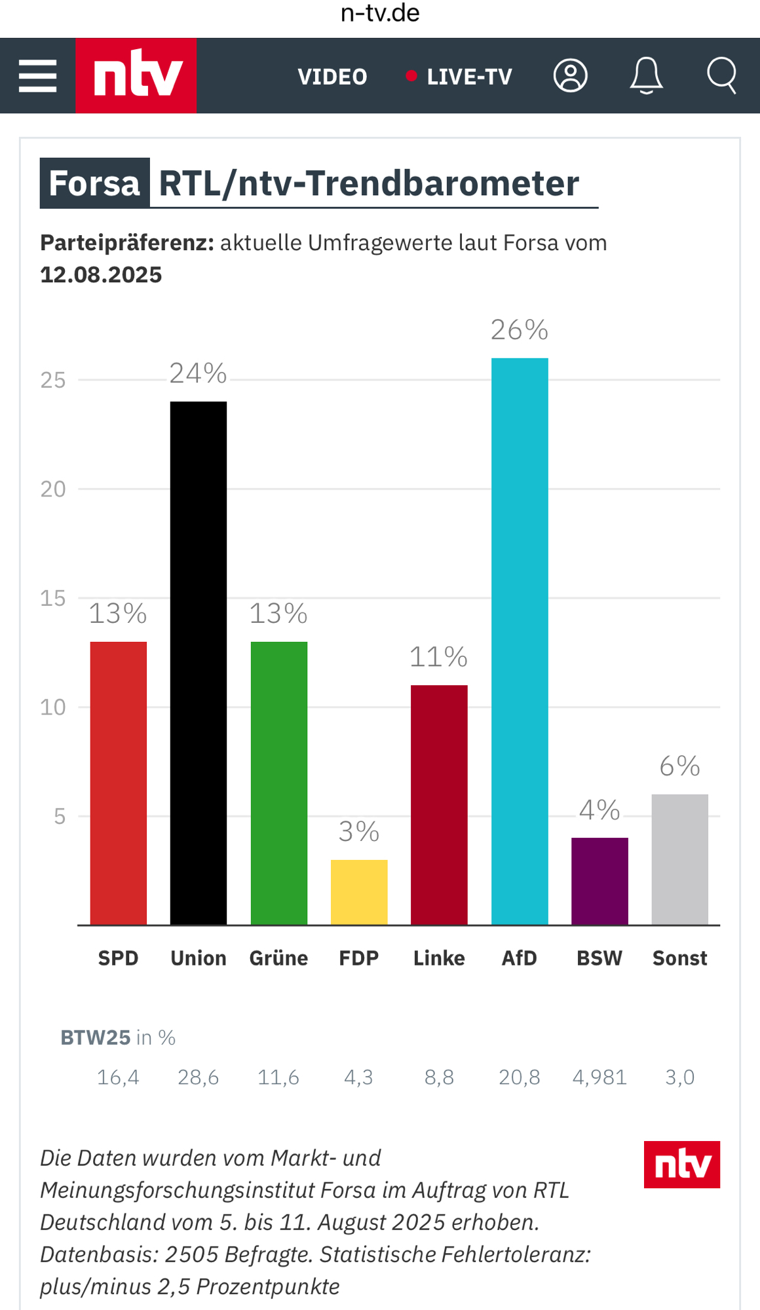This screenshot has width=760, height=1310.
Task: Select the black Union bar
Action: pyautogui.click(x=199, y=662)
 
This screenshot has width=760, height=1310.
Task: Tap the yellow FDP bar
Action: pyautogui.click(x=359, y=891)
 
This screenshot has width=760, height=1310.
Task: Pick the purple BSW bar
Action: pyautogui.click(x=599, y=881)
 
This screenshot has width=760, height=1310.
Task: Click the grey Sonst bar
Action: pyautogui.click(x=679, y=859)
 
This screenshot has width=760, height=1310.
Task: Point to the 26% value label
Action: pyautogui.click(x=520, y=330)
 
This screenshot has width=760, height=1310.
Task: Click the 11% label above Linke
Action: pyautogui.click(x=438, y=657)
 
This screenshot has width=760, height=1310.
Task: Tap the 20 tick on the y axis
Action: pyautogui.click(x=53, y=489)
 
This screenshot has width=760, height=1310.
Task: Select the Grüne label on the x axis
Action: pyautogui.click(x=278, y=958)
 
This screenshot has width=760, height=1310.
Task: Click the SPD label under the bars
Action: pyautogui.click(x=119, y=958)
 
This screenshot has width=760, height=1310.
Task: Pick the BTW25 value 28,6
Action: pyautogui.click(x=199, y=1077)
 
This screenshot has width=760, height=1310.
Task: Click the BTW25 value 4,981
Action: pyautogui.click(x=599, y=1077)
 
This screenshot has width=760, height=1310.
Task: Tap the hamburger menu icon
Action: pyautogui.click(x=37, y=76)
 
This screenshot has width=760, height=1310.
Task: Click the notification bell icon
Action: pyautogui.click(x=646, y=76)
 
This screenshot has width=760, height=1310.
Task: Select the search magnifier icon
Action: pyautogui.click(x=722, y=76)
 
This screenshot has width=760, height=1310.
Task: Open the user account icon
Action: pyautogui.click(x=571, y=76)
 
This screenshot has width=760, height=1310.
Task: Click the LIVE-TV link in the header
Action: pyautogui.click(x=468, y=77)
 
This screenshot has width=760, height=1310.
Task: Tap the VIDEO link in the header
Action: pyautogui.click(x=332, y=77)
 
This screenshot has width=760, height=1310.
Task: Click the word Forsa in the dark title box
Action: pyautogui.click(x=94, y=183)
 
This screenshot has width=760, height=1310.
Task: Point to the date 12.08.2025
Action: pyautogui.click(x=101, y=275)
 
